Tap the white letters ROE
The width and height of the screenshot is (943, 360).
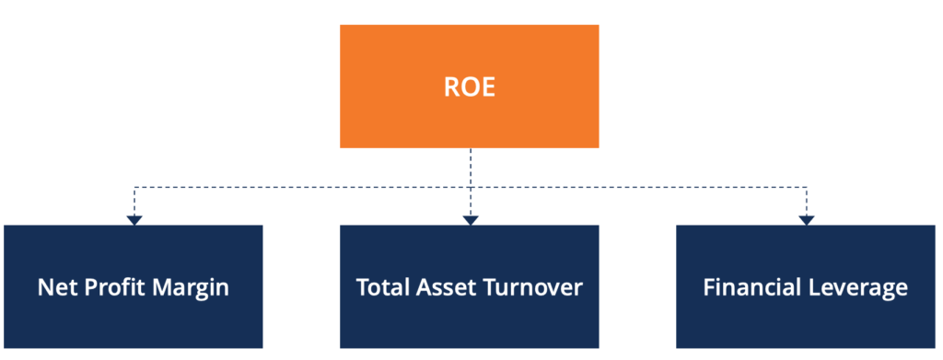[x=469, y=87]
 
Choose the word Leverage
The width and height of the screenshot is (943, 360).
[x=862, y=288]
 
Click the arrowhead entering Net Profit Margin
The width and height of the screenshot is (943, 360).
[x=134, y=220]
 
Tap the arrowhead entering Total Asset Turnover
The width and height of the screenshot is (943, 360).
[x=470, y=220]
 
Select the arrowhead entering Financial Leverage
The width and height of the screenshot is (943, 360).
[x=806, y=220]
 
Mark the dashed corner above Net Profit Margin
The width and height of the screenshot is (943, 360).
[x=134, y=188]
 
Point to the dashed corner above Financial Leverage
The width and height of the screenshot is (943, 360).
[x=806, y=188]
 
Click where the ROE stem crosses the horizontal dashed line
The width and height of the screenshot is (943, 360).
[x=470, y=188]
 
